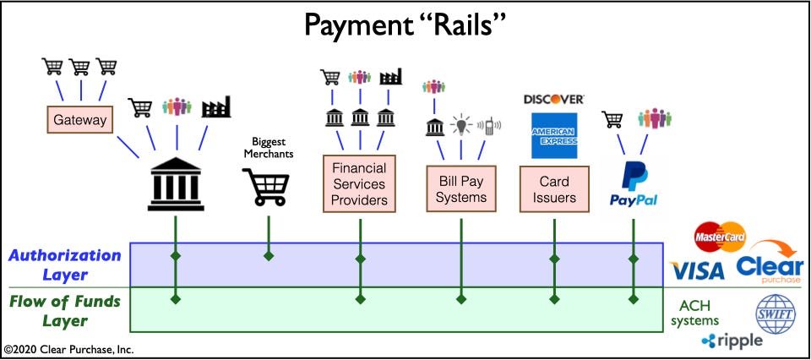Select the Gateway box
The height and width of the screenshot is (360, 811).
[80, 120]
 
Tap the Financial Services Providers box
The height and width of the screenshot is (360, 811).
[360, 183]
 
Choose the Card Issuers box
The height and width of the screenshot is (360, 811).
[554, 189]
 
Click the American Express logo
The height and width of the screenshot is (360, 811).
[554, 135]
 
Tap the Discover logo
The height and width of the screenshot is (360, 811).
[554, 99]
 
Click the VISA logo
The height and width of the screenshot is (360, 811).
[697, 270]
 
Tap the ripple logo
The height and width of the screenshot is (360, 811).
[732, 341]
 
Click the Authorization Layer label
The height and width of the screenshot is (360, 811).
[66, 264]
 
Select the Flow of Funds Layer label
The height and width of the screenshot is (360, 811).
[66, 310]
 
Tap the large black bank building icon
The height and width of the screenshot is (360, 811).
[175, 183]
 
